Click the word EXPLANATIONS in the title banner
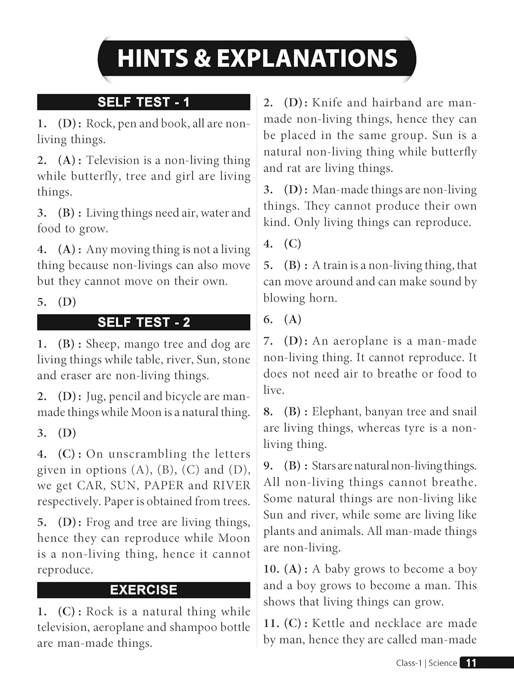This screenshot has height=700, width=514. [x=307, y=59]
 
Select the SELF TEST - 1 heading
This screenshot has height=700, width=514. [x=144, y=102]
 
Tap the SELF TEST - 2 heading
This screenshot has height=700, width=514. [x=144, y=322]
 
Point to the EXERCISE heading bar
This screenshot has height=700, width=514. [x=144, y=590]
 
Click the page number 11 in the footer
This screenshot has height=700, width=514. [x=471, y=663]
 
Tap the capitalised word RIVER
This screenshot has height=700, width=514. [x=231, y=485]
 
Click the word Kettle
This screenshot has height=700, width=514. [x=328, y=623]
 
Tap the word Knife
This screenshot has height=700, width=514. [x=326, y=103]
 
